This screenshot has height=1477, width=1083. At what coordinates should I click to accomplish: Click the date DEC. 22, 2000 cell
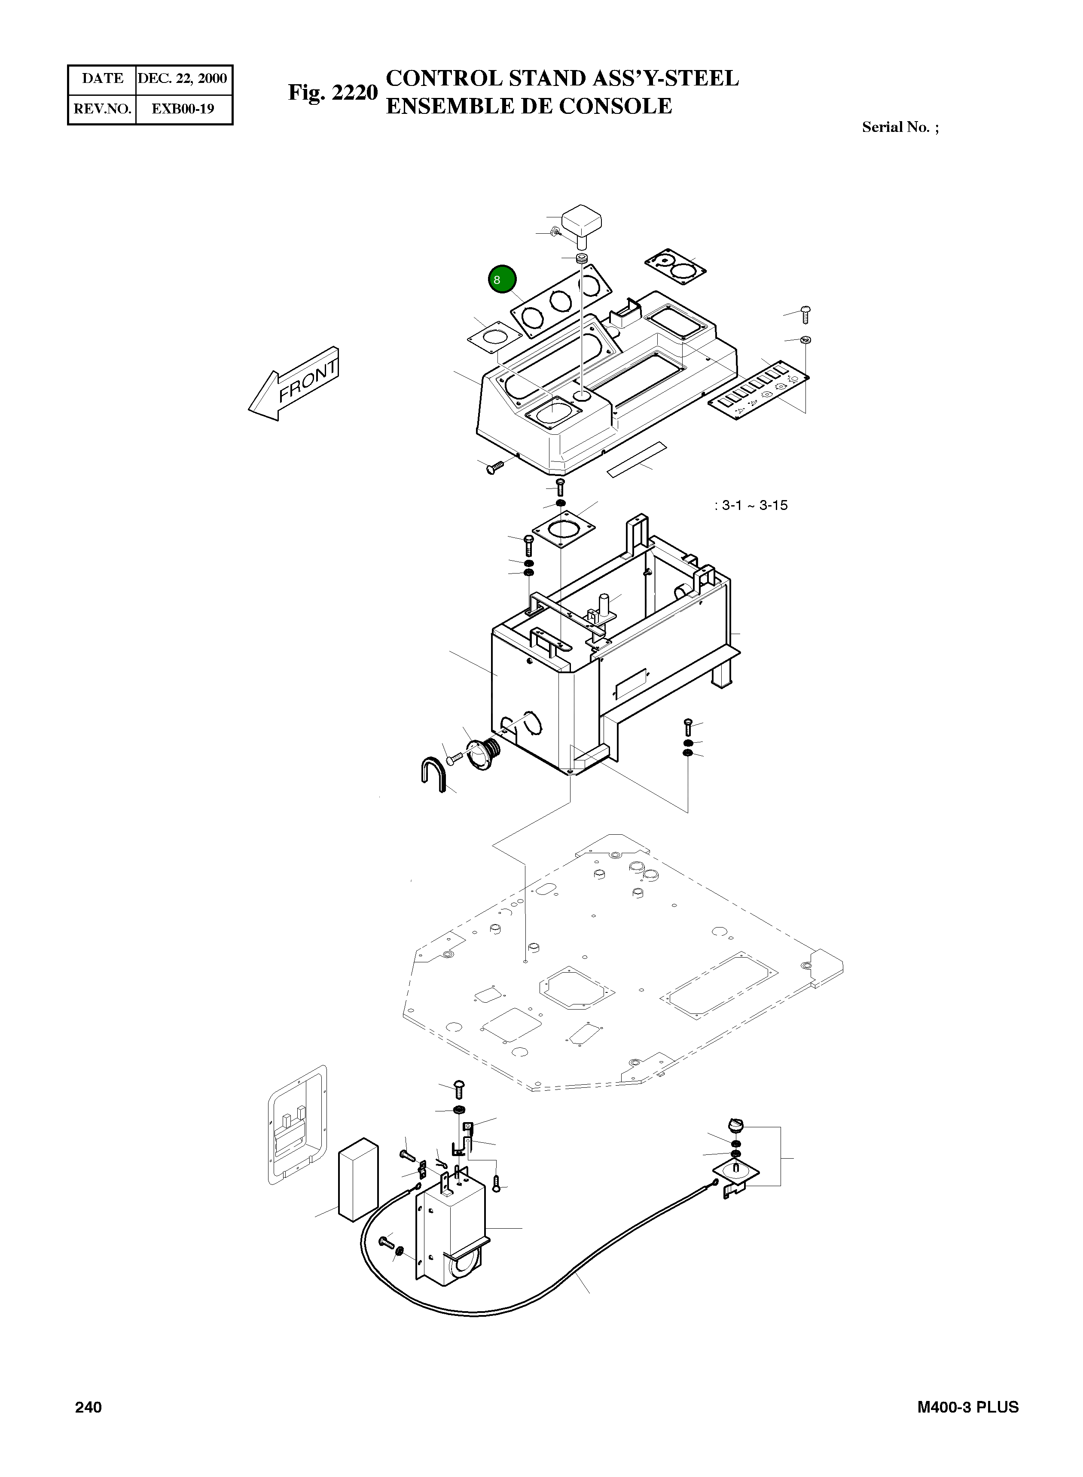click(183, 79)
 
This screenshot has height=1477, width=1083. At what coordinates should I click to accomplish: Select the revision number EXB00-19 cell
click(183, 109)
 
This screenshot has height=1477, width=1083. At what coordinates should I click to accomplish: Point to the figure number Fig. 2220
click(333, 92)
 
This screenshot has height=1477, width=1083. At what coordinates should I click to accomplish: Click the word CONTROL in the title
click(444, 79)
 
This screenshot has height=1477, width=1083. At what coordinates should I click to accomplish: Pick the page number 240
click(88, 1407)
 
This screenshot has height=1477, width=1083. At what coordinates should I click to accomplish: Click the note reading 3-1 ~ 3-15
click(751, 506)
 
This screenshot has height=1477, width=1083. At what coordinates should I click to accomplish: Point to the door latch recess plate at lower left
click(298, 1124)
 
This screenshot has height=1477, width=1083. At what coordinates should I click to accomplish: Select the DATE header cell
click(102, 79)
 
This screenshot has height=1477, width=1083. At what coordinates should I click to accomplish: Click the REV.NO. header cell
click(102, 109)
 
